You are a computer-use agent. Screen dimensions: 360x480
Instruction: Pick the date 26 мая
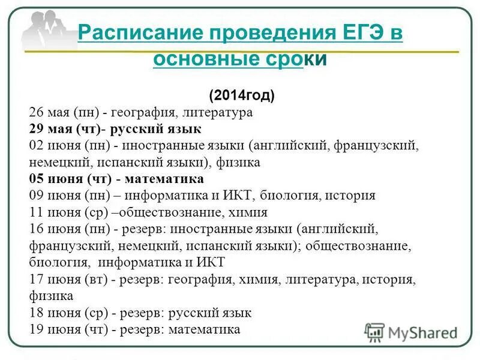pyautogui.click(x=49, y=112)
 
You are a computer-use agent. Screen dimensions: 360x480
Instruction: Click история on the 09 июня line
pyautogui.click(x=352, y=195)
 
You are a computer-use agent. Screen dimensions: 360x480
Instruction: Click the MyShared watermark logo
pyautogui.click(x=412, y=332)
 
